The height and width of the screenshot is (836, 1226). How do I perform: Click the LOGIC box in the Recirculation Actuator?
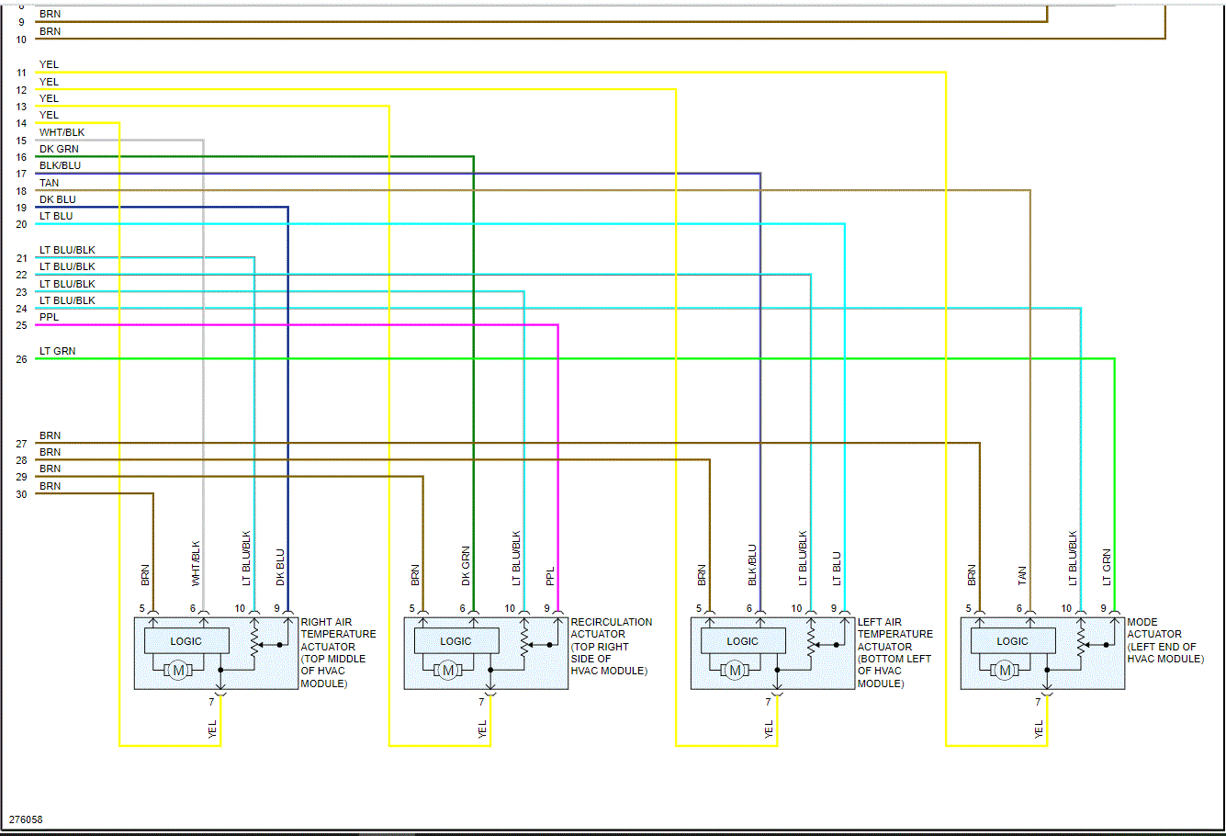pyautogui.click(x=456, y=641)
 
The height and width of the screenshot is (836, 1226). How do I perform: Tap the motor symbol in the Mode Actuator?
pyautogui.click(x=1005, y=671)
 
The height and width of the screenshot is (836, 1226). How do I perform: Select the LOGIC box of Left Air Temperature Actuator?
pyautogui.click(x=742, y=641)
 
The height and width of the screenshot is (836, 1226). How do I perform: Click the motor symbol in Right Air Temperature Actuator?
pyautogui.click(x=178, y=671)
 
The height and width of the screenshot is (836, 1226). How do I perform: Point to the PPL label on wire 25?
pyautogui.click(x=49, y=317)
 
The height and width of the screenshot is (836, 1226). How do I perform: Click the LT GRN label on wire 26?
pyautogui.click(x=57, y=351)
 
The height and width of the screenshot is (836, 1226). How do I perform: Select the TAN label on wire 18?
pyautogui.click(x=49, y=183)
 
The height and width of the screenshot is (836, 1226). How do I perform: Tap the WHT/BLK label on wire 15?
pyautogui.click(x=62, y=132)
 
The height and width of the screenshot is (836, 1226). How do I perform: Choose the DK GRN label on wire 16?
pyautogui.click(x=59, y=149)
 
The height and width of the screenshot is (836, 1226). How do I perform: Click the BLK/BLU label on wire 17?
pyautogui.click(x=60, y=165)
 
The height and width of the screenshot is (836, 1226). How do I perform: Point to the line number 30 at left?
pyautogui.click(x=21, y=494)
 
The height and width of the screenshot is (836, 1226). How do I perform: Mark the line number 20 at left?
pyautogui.click(x=21, y=224)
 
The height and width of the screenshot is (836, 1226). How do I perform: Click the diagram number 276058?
pyautogui.click(x=26, y=819)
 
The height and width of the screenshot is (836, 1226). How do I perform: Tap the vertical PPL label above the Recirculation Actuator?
pyautogui.click(x=550, y=576)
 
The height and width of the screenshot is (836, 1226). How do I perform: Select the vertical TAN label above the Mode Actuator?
pyautogui.click(x=1022, y=576)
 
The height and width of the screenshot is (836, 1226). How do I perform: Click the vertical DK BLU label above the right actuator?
pyautogui.click(x=280, y=567)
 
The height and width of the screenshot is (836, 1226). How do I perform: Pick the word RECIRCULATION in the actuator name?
pyautogui.click(x=612, y=622)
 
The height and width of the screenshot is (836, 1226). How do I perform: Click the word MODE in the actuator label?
pyautogui.click(x=1142, y=622)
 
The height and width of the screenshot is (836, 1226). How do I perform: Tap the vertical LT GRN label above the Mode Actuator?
pyautogui.click(x=1107, y=567)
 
